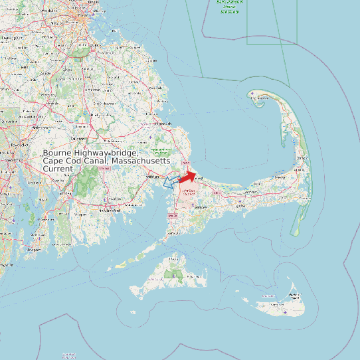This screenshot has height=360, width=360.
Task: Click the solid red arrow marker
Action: coord(187,177)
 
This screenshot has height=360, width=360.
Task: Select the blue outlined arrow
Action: coord(170,181)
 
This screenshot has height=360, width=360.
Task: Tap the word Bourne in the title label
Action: coord(58,153)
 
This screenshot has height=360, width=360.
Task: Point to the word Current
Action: coord(58,169)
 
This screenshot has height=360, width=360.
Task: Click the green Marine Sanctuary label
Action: coord(229,6)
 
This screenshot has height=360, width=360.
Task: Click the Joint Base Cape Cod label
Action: coord(189,192)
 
